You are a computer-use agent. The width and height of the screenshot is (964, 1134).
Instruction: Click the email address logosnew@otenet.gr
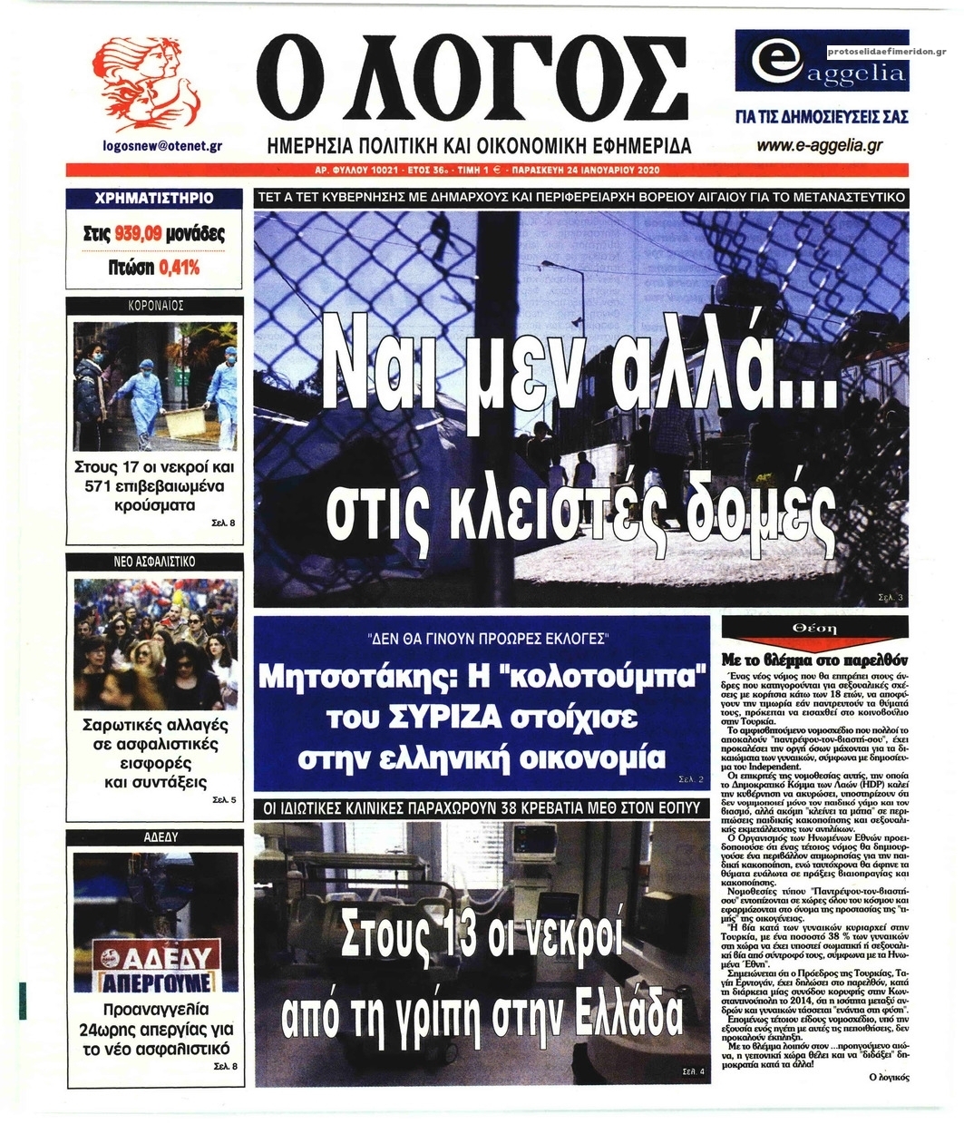pyautogui.click(x=162, y=145)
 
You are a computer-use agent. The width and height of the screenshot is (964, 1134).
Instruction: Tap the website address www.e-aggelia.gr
pyautogui.click(x=820, y=144)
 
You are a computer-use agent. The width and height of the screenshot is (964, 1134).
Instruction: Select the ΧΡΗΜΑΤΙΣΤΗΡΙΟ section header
pyautogui.click(x=154, y=197)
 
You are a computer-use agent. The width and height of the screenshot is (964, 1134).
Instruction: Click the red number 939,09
pyautogui.click(x=138, y=234)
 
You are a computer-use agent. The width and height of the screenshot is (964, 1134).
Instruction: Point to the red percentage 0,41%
pyautogui.click(x=179, y=268)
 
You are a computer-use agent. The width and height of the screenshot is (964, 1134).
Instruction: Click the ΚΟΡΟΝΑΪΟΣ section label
pyautogui.click(x=154, y=306)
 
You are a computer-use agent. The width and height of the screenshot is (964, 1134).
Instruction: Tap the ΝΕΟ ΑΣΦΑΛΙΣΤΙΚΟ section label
pyautogui.click(x=154, y=562)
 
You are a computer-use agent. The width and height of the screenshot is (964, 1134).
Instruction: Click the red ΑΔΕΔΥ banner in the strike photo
pyautogui.click(x=156, y=957)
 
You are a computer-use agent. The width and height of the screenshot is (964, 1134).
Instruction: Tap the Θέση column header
pyautogui.click(x=814, y=628)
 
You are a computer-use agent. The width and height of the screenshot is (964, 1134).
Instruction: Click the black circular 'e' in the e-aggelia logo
pyautogui.click(x=769, y=65)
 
